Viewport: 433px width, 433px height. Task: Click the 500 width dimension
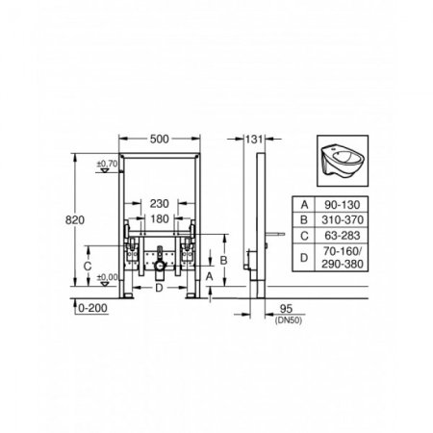160,139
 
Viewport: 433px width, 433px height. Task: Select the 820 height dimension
75,220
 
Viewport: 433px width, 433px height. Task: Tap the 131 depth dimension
254,140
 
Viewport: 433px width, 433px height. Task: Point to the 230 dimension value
160,203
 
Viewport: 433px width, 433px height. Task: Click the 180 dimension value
160,218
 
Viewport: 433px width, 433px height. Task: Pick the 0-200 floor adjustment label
92,308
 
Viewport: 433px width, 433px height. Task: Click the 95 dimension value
286,309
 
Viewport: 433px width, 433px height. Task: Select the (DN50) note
289,319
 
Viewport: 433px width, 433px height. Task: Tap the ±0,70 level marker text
108,164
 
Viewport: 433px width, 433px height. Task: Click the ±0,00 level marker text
108,277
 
